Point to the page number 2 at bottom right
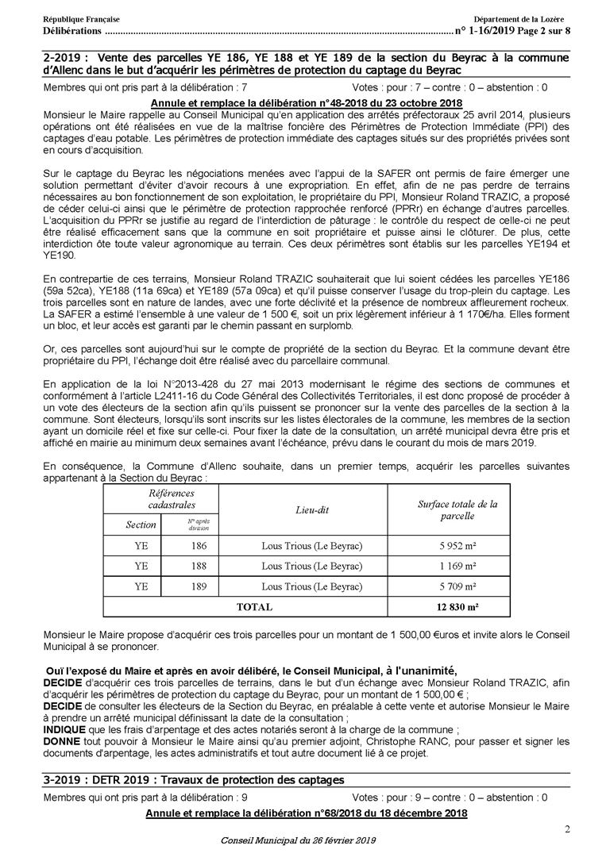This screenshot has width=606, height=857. click(567, 830)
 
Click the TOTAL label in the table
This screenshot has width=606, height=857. click(253, 607)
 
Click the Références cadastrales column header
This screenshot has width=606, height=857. click(171, 499)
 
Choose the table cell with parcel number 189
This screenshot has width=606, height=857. click(199, 586)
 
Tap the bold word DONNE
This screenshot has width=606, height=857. click(62, 741)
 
